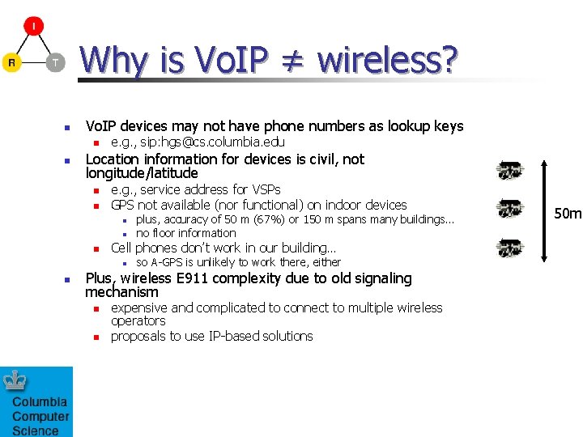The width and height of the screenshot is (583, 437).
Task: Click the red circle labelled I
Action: (x=33, y=27)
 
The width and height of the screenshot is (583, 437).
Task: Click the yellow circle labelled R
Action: (x=11, y=62)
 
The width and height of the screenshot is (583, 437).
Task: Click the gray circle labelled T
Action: (x=54, y=62)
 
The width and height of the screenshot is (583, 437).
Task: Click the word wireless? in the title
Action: (x=388, y=59)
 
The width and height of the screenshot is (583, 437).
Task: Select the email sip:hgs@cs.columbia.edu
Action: (x=215, y=142)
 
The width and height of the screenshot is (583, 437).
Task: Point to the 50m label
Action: (x=567, y=214)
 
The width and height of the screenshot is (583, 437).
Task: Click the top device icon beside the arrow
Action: (x=510, y=171)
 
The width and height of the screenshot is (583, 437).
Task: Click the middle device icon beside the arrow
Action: (x=510, y=208)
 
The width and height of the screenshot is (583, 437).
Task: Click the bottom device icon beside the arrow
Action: (x=510, y=247)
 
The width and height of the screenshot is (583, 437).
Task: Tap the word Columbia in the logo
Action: (x=40, y=402)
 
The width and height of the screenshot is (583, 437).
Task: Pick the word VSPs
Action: (x=266, y=189)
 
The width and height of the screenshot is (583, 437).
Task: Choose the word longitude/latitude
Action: (x=142, y=173)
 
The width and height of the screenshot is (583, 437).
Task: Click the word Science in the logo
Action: (x=35, y=431)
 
